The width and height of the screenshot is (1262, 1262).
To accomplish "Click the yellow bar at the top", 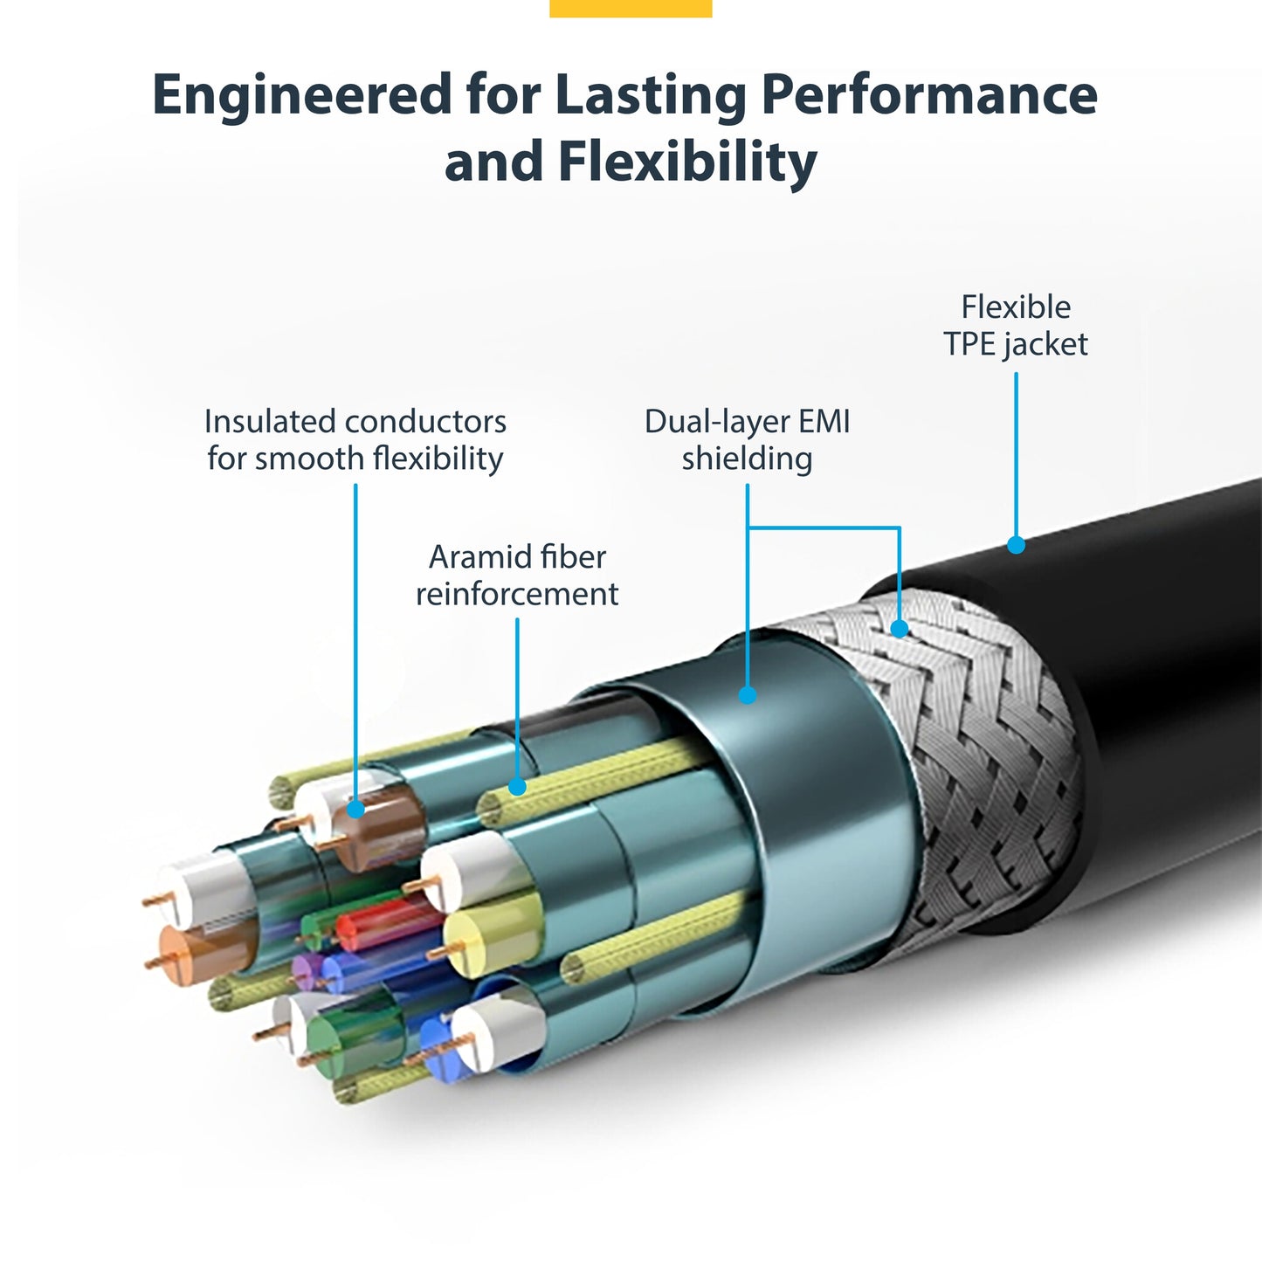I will point(631,8).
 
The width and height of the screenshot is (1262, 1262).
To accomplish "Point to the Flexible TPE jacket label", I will point(1015,325).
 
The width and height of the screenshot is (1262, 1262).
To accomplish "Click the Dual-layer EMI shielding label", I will point(747,439).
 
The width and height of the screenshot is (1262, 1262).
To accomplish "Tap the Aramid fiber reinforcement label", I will point(517,575).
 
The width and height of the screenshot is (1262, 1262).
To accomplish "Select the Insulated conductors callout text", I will point(355,439).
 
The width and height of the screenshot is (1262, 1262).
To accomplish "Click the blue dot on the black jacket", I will point(1016,545).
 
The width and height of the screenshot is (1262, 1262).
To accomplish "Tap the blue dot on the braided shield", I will point(900,628).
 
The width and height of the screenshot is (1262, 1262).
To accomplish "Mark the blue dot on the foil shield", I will point(748,695).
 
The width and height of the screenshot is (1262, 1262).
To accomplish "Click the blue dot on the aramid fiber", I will point(517,787).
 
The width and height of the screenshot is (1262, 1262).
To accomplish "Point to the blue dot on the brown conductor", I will point(355,810).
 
